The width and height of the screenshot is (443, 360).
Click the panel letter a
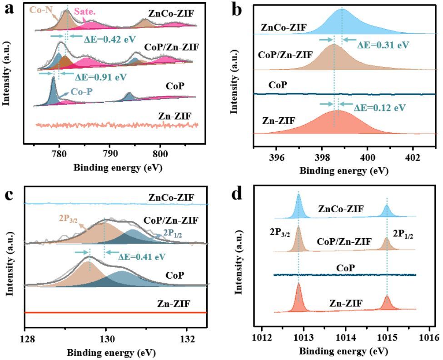pos(9,9)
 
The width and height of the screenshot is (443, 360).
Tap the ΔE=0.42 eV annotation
pos(110,40)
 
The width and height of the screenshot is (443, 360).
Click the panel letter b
pos(237,10)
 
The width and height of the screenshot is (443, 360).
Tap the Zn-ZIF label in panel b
pos(279,121)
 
